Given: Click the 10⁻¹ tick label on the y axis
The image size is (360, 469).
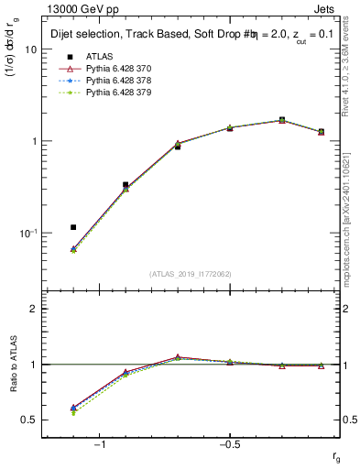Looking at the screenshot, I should pyautogui.click(x=27, y=234).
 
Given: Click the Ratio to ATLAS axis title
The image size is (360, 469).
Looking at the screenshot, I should pyautogui.click(x=13, y=365).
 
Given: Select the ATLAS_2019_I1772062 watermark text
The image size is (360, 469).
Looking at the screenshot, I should pyautogui.click(x=191, y=274).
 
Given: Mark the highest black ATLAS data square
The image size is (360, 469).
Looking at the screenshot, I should pyautogui.click(x=282, y=120).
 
